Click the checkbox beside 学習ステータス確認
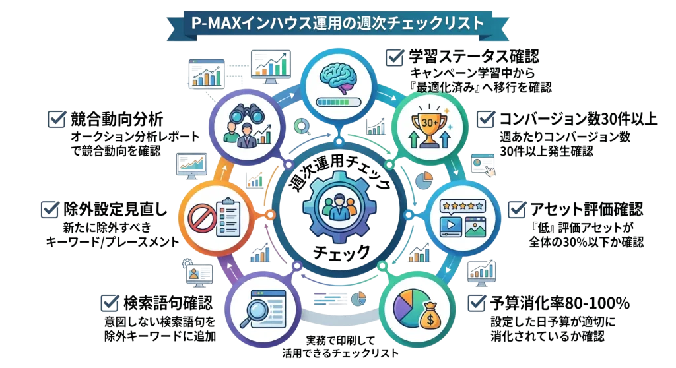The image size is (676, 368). coord(395,57)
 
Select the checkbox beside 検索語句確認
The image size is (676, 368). coord(110,303)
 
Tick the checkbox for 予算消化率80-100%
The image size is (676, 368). coord(477,303)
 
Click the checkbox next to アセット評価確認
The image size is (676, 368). coord(516,209)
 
